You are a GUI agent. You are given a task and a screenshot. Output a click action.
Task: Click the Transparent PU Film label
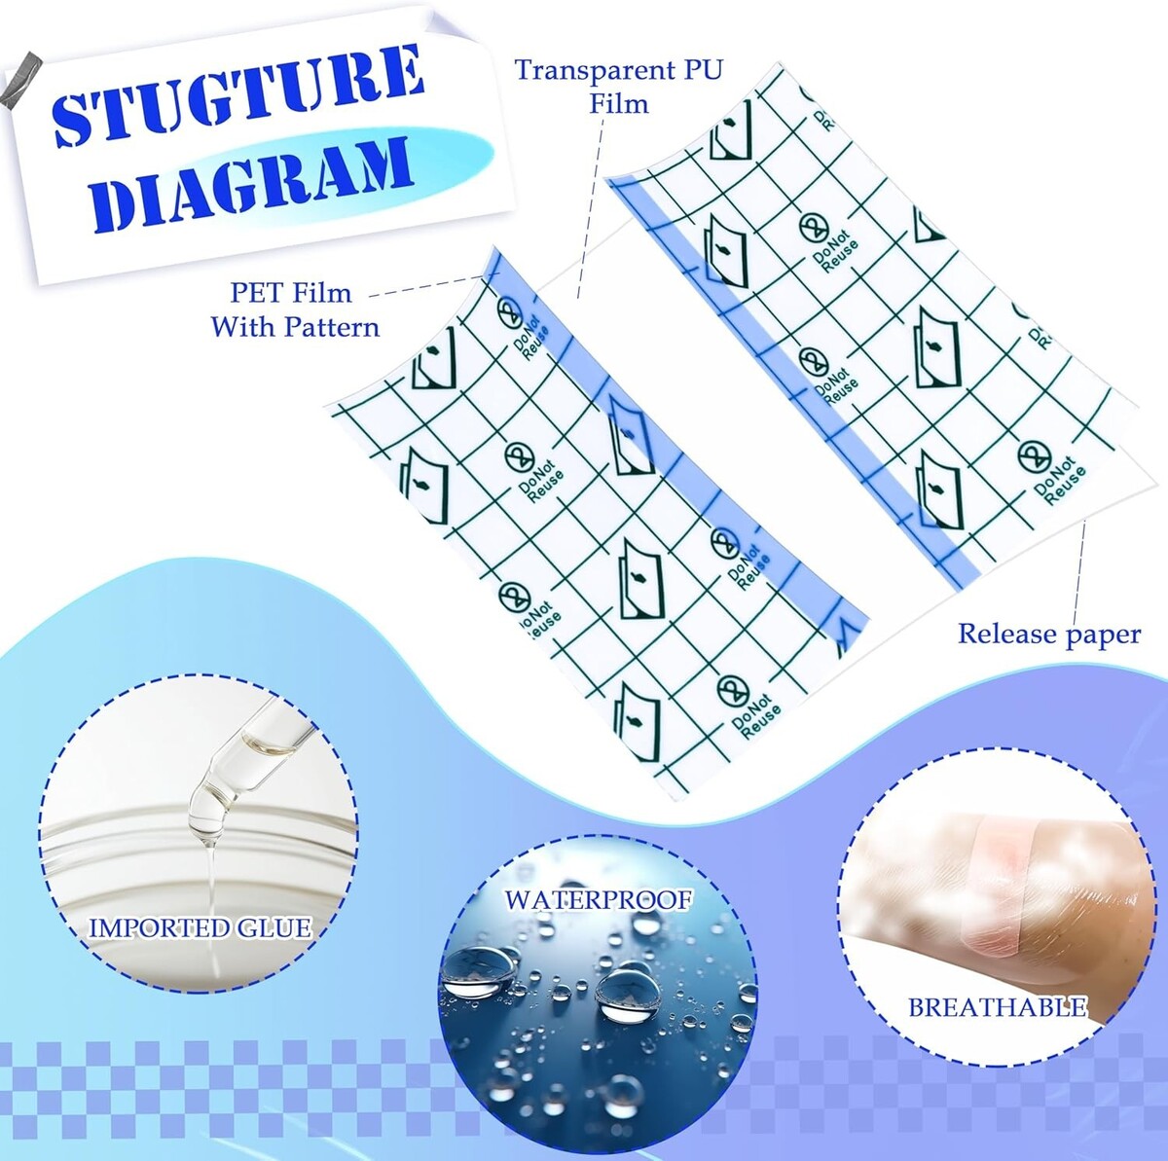coord(619,86)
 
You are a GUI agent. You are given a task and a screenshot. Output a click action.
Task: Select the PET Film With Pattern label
coord(295,309)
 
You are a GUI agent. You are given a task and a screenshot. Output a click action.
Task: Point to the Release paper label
coord(1049,635)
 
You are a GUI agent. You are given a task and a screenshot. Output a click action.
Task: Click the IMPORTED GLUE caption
coord(201,927)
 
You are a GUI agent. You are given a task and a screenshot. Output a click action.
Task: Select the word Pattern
coord(332,327)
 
